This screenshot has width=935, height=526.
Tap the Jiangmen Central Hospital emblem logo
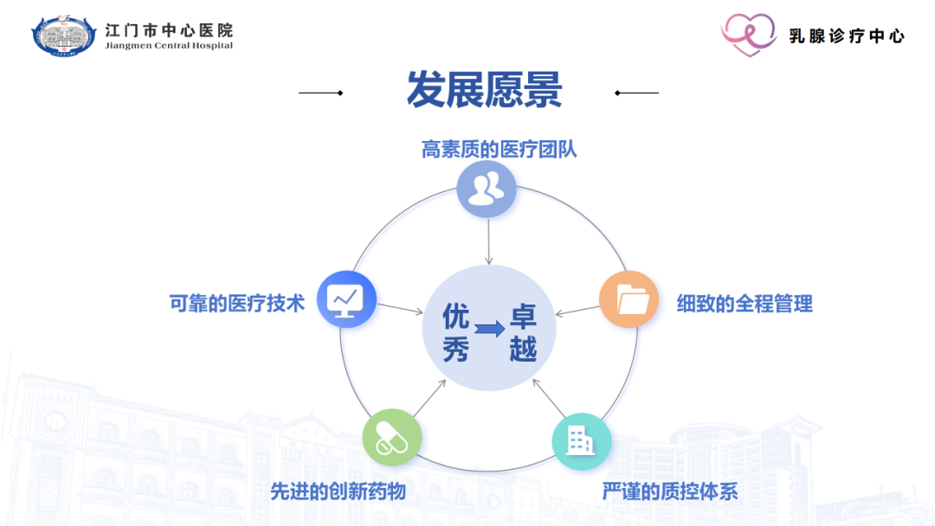pyautogui.click(x=66, y=35)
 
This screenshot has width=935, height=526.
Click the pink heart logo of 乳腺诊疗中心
pyautogui.click(x=749, y=35)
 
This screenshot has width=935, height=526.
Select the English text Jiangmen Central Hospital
pyautogui.click(x=169, y=46)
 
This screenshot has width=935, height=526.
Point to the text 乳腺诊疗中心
pyautogui.click(x=847, y=36)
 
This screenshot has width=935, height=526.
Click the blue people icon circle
pyautogui.click(x=487, y=189)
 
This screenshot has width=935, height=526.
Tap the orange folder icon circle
pyautogui.click(x=629, y=299)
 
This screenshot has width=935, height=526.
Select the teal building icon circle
pyautogui.click(x=581, y=441)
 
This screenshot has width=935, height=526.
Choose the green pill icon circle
pyautogui.click(x=392, y=438)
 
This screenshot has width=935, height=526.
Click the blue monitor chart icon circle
pyautogui.click(x=346, y=299)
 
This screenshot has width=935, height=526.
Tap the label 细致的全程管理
pyautogui.click(x=745, y=304)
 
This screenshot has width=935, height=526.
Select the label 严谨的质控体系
pyautogui.click(x=670, y=491)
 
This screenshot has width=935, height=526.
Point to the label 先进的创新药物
pyautogui.click(x=338, y=491)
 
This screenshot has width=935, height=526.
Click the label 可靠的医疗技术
pyautogui.click(x=237, y=304)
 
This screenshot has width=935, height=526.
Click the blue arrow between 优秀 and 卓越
pyautogui.click(x=489, y=330)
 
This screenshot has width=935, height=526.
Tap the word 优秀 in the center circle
pyautogui.click(x=455, y=331)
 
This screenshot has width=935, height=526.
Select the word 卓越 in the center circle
pyautogui.click(x=523, y=331)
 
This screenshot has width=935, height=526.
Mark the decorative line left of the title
pyautogui.click(x=321, y=93)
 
